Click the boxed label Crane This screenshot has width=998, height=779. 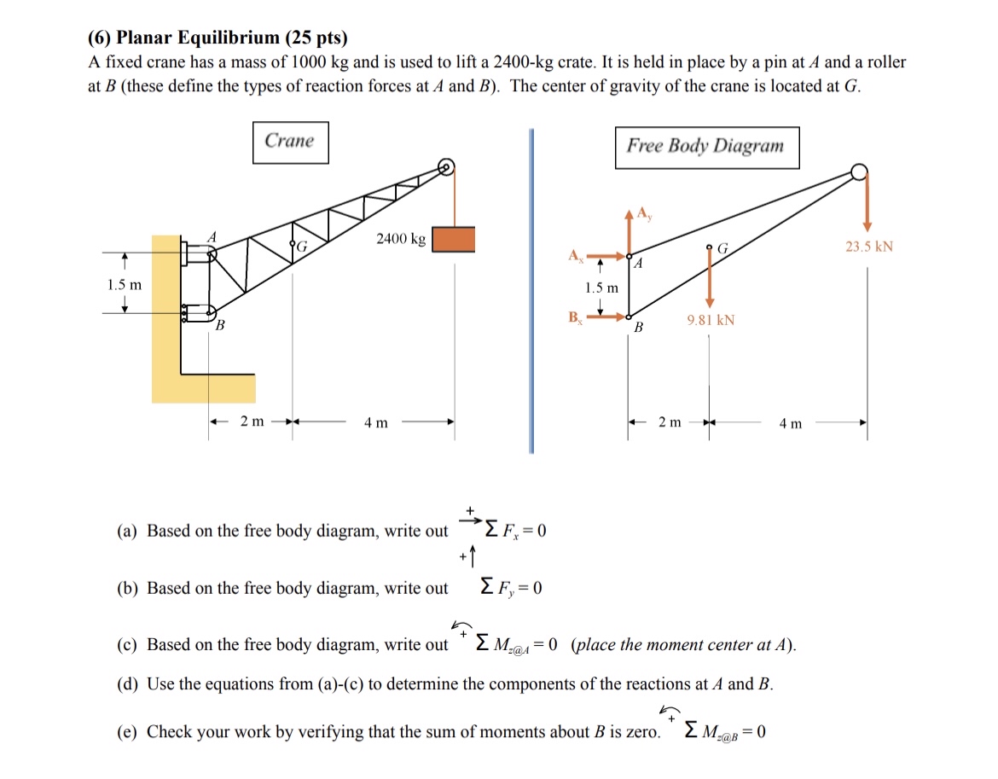(290, 142)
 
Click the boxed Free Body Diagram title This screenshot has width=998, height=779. (705, 146)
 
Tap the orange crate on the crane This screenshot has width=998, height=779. (453, 239)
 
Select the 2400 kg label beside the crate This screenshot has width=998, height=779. (400, 239)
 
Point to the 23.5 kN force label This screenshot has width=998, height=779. (869, 247)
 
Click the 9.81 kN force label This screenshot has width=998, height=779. (710, 320)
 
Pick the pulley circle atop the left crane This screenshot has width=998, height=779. (446, 166)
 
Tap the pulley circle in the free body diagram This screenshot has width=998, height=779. (858, 173)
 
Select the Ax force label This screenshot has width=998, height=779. (577, 255)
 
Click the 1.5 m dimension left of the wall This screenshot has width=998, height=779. (125, 284)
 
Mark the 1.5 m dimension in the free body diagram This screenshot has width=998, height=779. (601, 288)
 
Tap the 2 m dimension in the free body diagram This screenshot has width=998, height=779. (670, 422)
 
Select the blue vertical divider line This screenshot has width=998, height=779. (531, 290)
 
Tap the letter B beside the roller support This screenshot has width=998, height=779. (219, 325)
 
